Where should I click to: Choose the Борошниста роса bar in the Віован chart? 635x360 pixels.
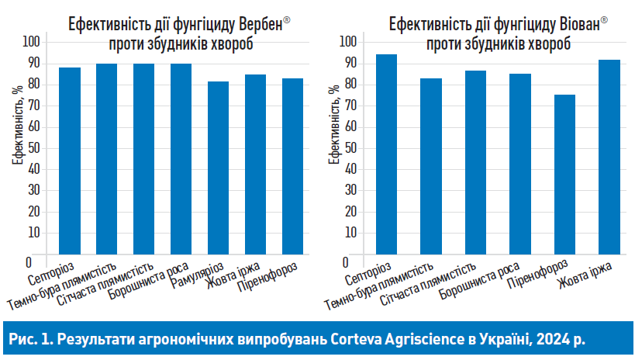(x=519, y=163)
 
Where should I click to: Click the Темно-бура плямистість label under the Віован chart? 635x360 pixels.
(x=391, y=285)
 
